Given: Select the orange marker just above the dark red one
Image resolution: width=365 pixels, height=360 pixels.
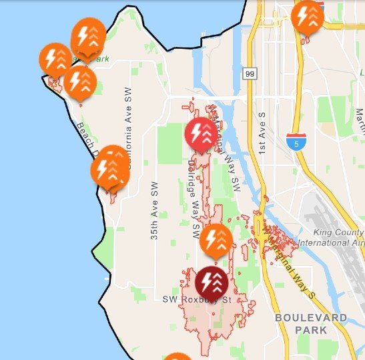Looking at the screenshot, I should pos(216,241).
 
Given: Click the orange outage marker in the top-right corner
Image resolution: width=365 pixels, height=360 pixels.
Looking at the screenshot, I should pos(308,18).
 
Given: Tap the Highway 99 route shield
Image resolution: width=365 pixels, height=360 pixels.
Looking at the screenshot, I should pos(249,72).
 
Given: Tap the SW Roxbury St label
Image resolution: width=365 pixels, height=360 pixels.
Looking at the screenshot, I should pos(196,301).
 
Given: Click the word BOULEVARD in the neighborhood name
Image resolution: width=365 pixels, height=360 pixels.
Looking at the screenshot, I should pos(311,318).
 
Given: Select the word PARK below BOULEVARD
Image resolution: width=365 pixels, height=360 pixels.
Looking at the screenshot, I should pos(312,330).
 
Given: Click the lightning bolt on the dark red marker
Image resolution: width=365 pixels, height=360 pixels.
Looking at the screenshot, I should pos(207,281).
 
